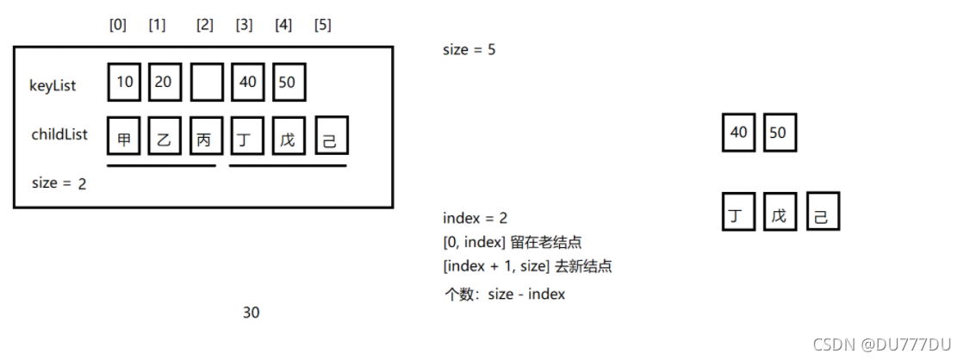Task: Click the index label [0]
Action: [x=118, y=25]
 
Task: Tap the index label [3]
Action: [x=245, y=25]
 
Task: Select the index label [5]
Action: [x=323, y=25]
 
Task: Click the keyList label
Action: [x=53, y=86]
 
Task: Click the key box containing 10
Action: [x=125, y=84]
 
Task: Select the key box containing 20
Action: [x=165, y=84]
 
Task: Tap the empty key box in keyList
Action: [x=207, y=84]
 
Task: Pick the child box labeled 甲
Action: [x=125, y=138]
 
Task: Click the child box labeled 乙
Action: [x=165, y=138]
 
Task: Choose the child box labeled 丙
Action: [x=206, y=138]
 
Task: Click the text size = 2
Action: [x=58, y=183]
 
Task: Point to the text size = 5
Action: [x=469, y=50]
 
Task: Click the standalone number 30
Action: [x=251, y=313]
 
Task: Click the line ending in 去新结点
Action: [x=527, y=266]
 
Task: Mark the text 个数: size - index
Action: [x=504, y=294]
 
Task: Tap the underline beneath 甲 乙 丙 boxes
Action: [x=161, y=165]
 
